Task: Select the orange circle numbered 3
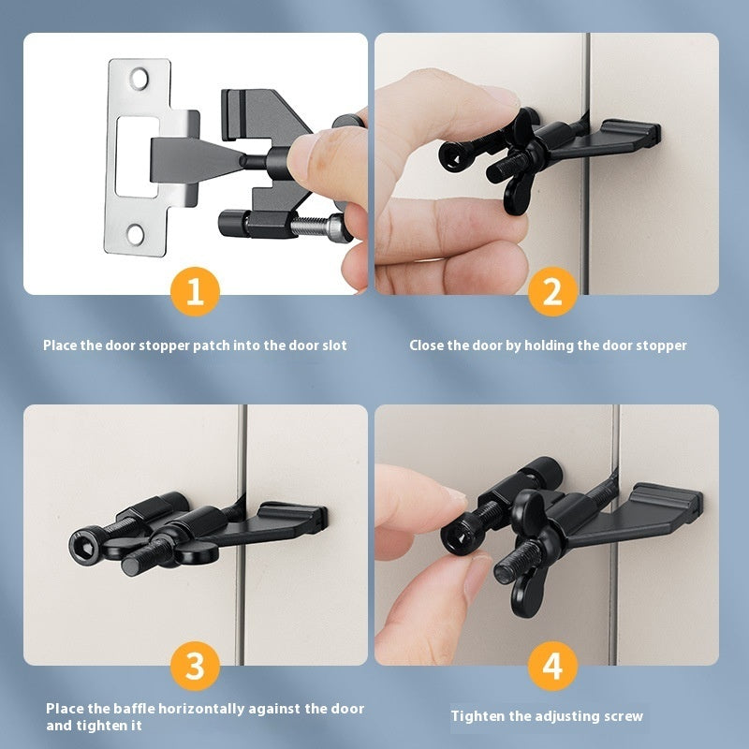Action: click(195, 667)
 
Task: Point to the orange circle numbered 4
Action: click(552, 667)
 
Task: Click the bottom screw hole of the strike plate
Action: click(138, 234)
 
